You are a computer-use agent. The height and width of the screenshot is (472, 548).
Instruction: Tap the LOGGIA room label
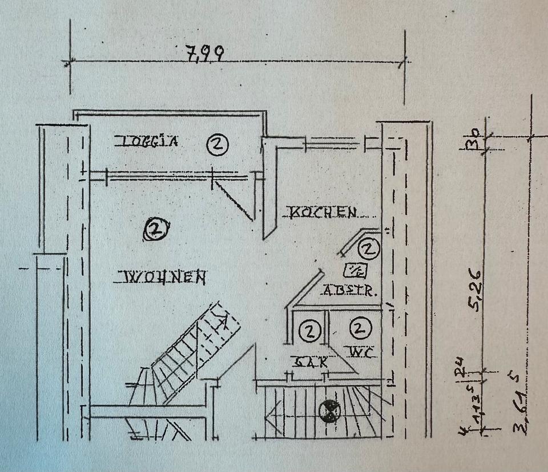(147, 141)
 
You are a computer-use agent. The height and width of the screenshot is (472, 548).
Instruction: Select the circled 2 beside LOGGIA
(217, 144)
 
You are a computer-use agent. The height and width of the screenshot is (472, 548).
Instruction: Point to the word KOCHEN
(324, 213)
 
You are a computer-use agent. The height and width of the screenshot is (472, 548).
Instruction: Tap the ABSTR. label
(349, 291)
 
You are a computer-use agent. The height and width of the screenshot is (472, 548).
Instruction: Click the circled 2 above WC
(359, 328)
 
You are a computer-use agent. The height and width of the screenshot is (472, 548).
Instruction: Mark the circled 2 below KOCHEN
(368, 248)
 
